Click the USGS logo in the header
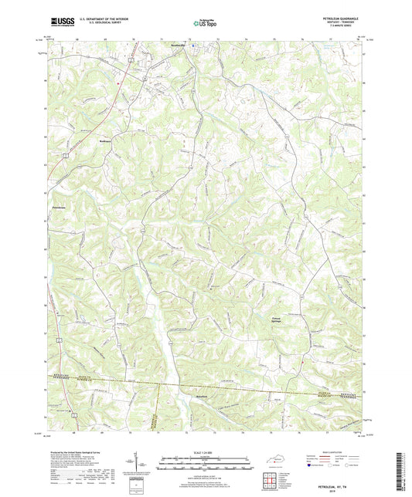pos(57,23)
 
